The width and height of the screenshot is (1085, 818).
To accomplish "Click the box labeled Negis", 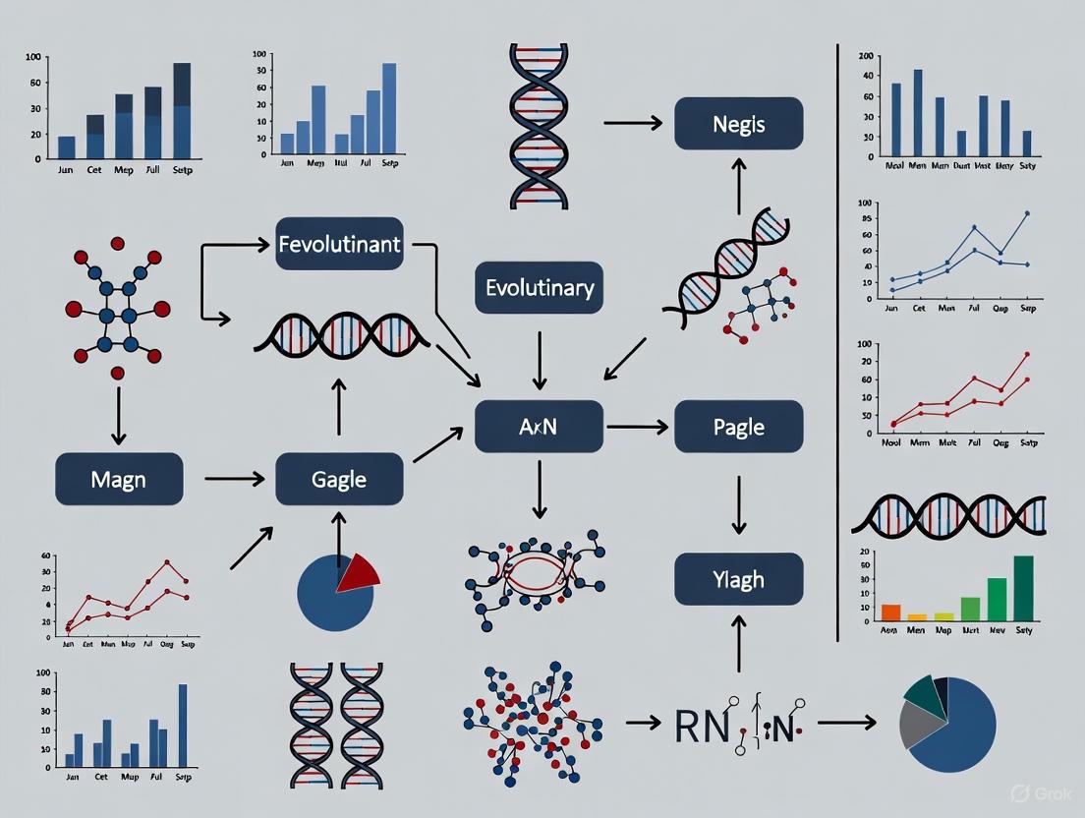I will click(x=738, y=124).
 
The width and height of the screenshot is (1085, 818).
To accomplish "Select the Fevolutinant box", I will click(x=339, y=243).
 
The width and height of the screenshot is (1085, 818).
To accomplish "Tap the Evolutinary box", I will click(x=539, y=287).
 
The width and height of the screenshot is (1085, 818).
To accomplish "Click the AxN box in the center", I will click(x=539, y=427).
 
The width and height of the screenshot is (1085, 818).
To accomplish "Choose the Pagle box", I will click(x=738, y=427).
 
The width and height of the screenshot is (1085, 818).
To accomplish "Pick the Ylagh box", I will click(x=738, y=578).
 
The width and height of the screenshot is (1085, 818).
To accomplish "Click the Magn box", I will click(x=118, y=479).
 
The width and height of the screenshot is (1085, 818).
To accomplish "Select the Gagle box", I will click(x=339, y=479).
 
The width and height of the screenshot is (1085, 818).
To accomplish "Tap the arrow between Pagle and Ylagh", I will click(x=738, y=504).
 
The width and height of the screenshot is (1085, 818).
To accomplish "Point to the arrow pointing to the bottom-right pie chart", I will click(x=846, y=723).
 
